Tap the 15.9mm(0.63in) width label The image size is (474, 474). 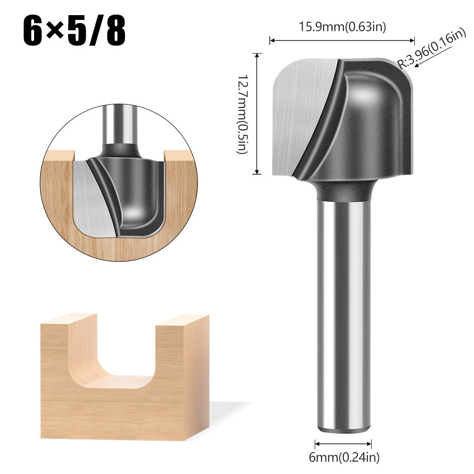coord(342,27)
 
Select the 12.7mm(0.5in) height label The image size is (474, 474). coord(243,114)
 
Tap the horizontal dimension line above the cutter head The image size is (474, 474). coord(342,41)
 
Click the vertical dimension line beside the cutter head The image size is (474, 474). coord(258,114)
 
